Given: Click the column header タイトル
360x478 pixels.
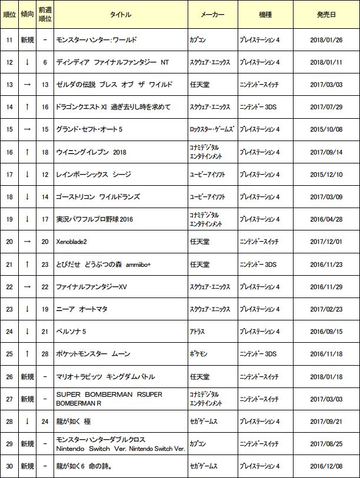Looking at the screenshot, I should (x=121, y=14).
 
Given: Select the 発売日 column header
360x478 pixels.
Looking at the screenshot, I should (x=325, y=14).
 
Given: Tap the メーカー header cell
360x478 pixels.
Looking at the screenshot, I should (x=212, y=14).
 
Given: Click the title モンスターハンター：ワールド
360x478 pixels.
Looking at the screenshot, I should (x=96, y=40).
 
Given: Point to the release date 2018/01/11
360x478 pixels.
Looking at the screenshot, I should (x=325, y=62).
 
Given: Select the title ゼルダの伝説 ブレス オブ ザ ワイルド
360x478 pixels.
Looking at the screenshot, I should (x=114, y=85).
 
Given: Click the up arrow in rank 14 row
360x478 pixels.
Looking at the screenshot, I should (x=27, y=107).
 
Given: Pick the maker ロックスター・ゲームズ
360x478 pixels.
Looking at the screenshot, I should (x=212, y=129).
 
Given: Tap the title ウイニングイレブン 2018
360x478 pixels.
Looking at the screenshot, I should (x=91, y=152).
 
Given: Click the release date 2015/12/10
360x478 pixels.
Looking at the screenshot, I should (x=325, y=175).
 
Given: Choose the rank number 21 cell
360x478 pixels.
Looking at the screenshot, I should (x=9, y=264).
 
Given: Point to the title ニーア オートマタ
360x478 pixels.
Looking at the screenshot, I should (x=82, y=309).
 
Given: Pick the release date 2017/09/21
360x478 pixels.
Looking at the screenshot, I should (x=325, y=422).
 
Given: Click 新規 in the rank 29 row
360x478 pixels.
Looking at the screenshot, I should (x=27, y=444).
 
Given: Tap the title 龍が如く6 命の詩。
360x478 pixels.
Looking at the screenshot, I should (x=84, y=466).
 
